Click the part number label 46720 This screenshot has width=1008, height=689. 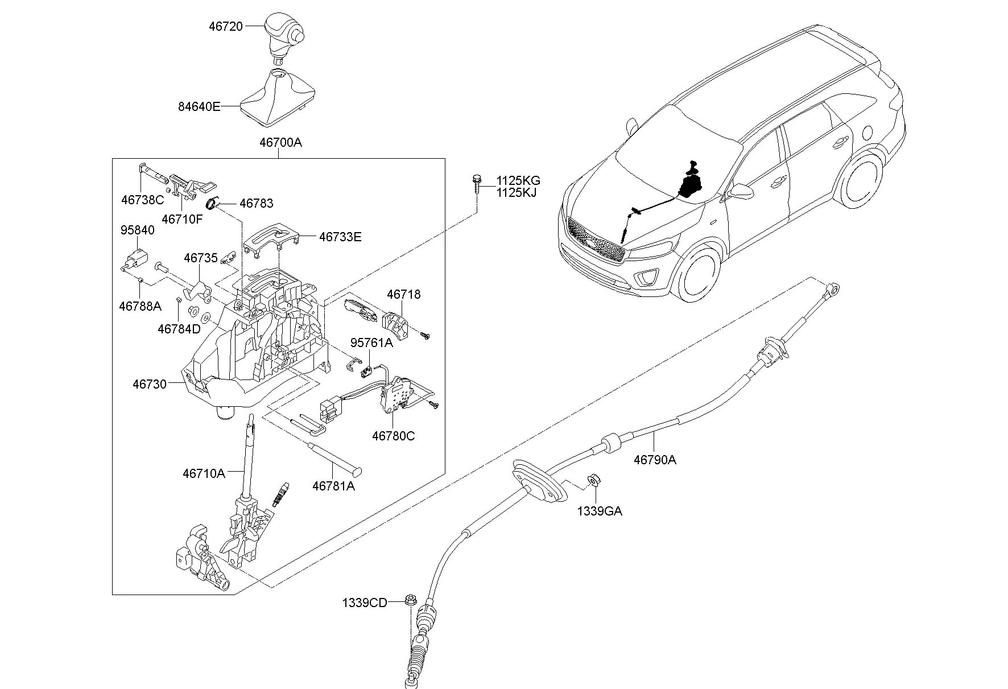click(225, 26)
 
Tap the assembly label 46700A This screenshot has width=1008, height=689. click(280, 142)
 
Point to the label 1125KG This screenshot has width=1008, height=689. click(518, 181)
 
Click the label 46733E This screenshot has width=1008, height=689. click(340, 237)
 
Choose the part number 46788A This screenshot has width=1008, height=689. click(140, 306)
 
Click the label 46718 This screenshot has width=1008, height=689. click(403, 294)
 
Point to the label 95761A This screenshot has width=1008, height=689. click(371, 343)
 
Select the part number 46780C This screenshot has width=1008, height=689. click(393, 436)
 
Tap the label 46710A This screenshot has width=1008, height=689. click(204, 473)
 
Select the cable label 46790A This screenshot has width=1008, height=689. click(655, 460)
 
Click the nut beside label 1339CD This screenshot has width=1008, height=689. click(410, 600)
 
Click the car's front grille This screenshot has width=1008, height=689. click(594, 239)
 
